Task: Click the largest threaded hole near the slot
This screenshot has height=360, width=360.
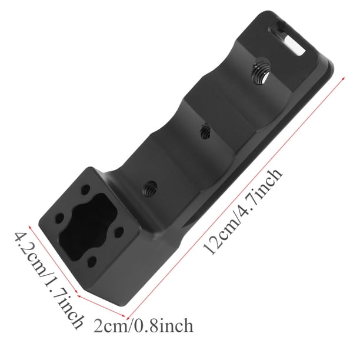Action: tap(261, 72)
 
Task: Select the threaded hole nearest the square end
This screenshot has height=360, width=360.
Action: tap(151, 186)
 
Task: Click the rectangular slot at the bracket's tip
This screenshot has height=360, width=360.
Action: tap(288, 39)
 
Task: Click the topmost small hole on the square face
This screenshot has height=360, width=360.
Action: tap(85, 189)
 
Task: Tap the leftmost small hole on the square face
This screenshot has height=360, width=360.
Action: tap(60, 218)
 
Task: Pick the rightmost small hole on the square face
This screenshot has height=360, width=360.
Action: tap(118, 233)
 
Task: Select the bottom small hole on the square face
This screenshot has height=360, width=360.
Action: tap(92, 261)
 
